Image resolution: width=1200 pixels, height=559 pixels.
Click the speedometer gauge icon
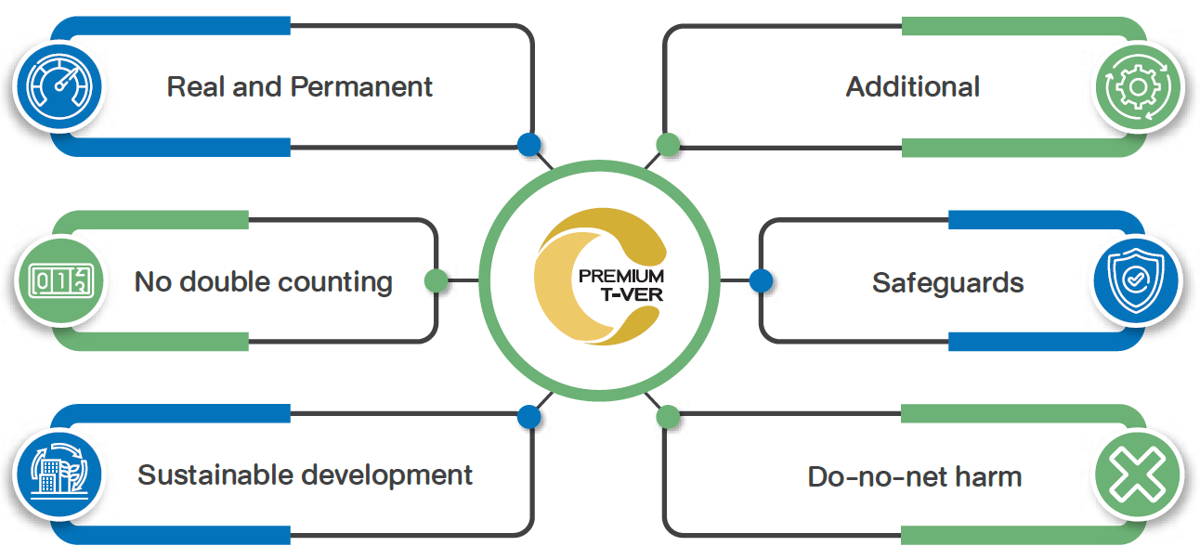(58, 87)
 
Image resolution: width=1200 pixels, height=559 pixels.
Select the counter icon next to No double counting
(58, 280)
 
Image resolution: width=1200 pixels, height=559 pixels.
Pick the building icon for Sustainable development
(58, 475)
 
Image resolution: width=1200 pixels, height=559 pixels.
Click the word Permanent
(361, 87)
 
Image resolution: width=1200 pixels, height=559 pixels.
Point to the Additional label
(912, 87)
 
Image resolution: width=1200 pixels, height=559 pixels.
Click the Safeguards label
(947, 282)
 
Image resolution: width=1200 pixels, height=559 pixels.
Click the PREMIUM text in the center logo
(621, 277)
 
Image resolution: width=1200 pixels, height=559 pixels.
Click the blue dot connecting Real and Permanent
(528, 144)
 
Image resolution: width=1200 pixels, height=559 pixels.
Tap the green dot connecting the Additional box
(668, 144)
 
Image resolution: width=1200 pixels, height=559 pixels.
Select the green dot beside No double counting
(436, 280)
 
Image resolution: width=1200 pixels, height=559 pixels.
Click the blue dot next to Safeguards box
(761, 280)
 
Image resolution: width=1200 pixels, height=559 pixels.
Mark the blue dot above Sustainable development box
(528, 417)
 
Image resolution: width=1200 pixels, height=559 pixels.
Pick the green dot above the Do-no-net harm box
(668, 417)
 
